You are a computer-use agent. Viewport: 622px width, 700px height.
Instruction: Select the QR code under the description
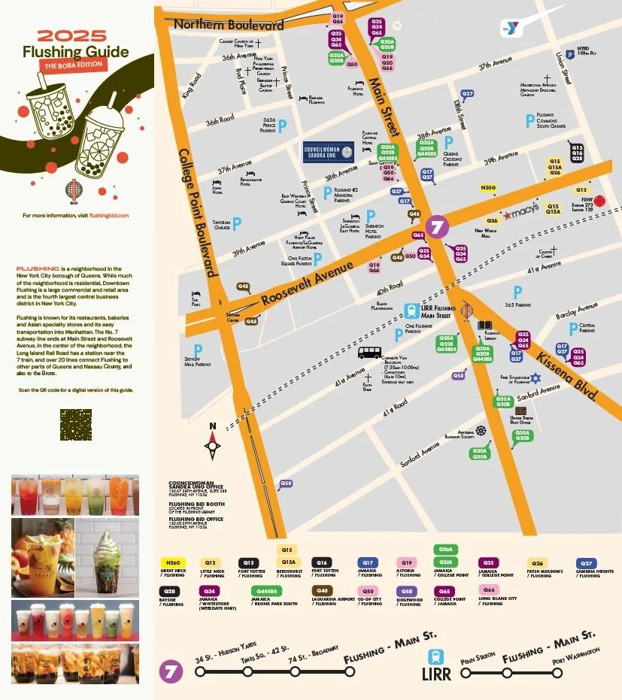[75, 424]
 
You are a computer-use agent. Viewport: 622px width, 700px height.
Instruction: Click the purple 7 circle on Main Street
[437, 226]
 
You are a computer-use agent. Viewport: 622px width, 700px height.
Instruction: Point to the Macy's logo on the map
[521, 213]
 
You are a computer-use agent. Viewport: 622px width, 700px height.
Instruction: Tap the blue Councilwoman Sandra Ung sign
[328, 153]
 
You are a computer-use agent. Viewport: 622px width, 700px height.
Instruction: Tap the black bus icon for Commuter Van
[369, 352]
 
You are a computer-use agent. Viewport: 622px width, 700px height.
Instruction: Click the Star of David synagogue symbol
[536, 377]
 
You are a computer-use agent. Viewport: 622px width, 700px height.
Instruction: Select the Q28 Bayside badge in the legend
[170, 592]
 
